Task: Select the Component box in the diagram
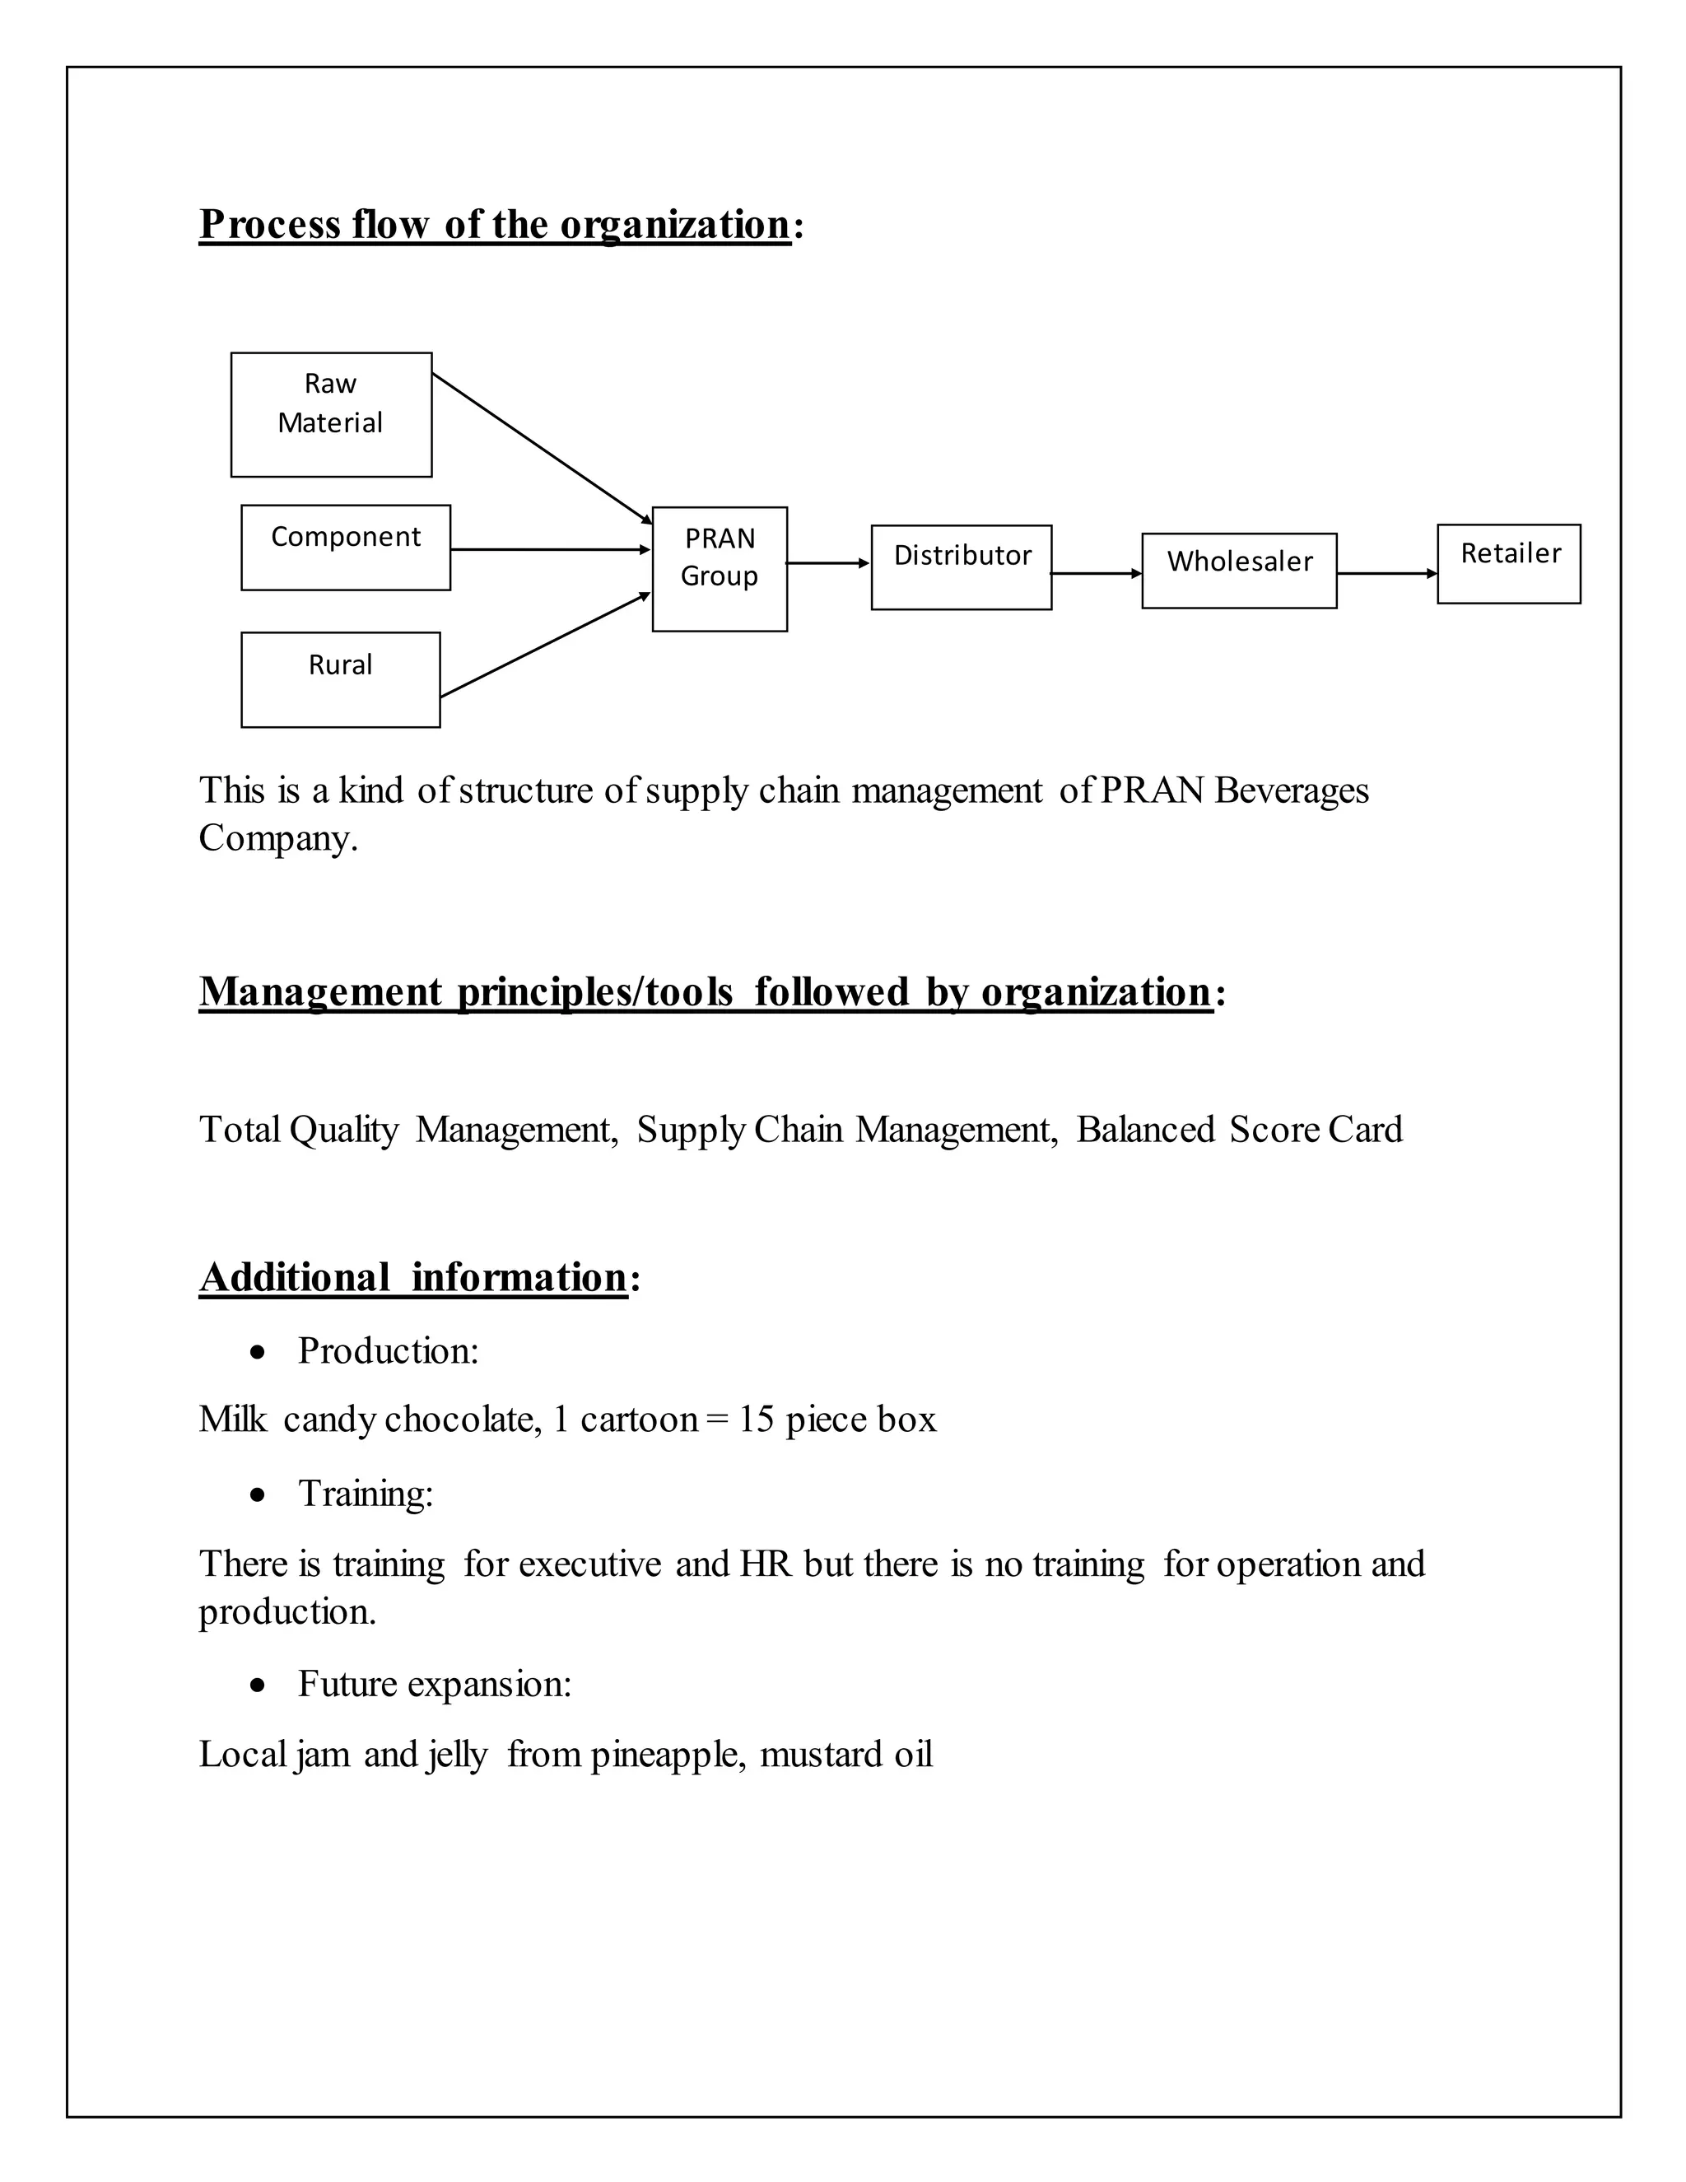point(346,547)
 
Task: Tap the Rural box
point(341,678)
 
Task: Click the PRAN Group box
point(720,568)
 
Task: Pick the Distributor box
point(961,566)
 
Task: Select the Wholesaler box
point(1238,571)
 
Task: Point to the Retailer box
point(1508,563)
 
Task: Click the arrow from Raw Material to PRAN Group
point(542,448)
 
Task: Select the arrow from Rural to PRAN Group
point(545,645)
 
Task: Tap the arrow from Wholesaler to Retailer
point(1386,573)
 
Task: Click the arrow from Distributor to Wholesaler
point(1096,573)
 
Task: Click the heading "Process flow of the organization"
point(495,224)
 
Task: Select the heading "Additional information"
point(412,1277)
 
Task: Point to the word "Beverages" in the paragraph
point(1292,790)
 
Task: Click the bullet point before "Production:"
point(258,1353)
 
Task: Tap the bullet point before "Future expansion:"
point(258,1685)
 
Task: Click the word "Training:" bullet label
point(366,1494)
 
